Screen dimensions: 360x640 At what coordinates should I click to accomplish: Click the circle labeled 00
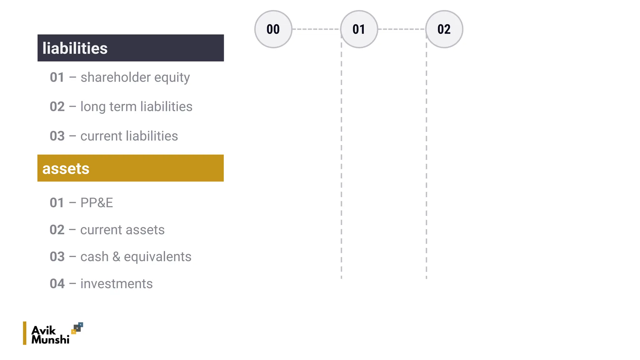[273, 29]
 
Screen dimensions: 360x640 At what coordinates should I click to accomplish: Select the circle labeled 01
[359, 29]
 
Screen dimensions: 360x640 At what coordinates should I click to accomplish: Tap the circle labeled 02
[444, 29]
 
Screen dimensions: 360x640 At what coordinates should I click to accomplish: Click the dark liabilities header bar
[131, 48]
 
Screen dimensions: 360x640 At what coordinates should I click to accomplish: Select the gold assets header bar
[131, 168]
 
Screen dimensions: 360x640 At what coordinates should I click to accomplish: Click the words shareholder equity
[135, 77]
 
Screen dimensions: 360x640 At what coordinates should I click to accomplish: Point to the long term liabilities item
[136, 107]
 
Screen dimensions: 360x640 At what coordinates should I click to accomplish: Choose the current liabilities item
[129, 136]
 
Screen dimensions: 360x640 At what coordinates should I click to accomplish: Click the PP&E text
[97, 203]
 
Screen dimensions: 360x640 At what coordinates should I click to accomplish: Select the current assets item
[122, 230]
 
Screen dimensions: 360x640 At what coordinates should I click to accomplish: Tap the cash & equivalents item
[136, 257]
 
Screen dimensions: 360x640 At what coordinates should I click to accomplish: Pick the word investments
[117, 284]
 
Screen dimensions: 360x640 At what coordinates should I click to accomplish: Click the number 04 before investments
[57, 284]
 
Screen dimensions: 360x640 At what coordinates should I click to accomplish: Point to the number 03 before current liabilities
[57, 136]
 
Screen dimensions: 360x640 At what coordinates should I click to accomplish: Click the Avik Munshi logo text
[50, 335]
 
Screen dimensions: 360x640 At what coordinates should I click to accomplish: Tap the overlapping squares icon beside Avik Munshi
[77, 328]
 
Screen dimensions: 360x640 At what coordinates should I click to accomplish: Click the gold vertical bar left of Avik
[25, 333]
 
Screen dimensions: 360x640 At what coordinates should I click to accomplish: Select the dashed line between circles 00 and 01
[316, 29]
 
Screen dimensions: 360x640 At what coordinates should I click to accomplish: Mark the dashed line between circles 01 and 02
[402, 29]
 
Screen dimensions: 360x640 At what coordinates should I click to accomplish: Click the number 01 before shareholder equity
[57, 77]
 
